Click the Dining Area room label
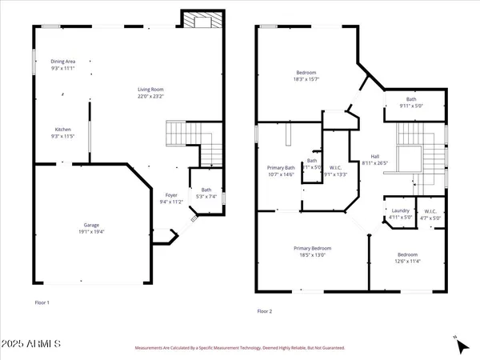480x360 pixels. pos(62,61)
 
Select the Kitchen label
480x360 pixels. pos(62,129)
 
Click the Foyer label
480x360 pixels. pos(171,194)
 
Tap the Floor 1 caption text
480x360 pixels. pos(42,302)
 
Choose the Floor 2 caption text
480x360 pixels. pos(265,310)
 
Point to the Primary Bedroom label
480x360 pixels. pos(312,248)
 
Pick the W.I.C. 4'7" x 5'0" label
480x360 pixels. pos(430,212)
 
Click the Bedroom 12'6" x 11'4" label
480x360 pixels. pos(408,255)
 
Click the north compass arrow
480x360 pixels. pos(461,346)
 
